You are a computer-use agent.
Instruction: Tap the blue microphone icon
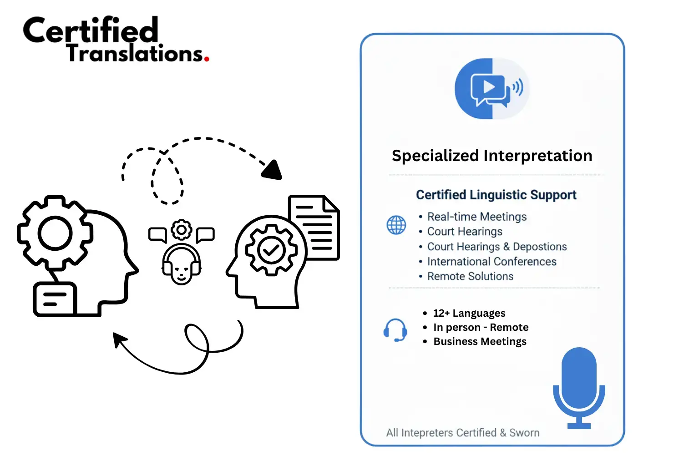click(x=579, y=387)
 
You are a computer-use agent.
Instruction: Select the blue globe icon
click(x=396, y=225)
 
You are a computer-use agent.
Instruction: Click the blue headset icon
click(x=395, y=330)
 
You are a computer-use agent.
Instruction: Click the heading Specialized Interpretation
click(x=491, y=156)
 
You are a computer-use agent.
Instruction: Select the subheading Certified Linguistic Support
click(x=496, y=195)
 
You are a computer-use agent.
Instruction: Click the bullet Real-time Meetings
click(x=476, y=217)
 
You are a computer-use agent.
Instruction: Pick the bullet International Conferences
click(x=491, y=262)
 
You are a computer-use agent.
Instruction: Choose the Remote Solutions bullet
click(x=470, y=276)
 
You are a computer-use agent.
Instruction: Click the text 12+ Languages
click(x=469, y=313)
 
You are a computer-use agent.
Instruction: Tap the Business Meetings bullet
click(x=480, y=341)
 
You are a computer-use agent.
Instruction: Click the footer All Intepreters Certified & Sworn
click(x=462, y=432)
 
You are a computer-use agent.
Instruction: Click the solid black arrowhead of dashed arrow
click(x=273, y=171)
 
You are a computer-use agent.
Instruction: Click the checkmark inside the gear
click(x=271, y=249)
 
